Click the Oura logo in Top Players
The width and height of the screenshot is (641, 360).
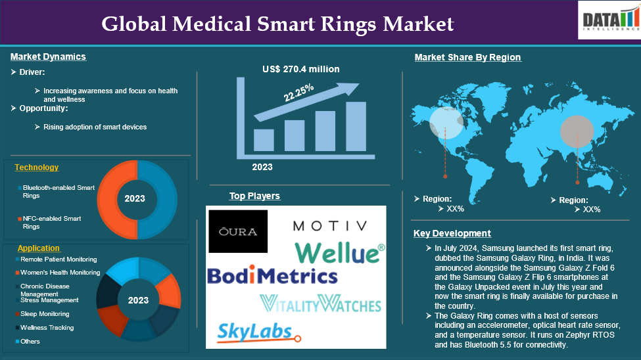pyautogui.click(x=238, y=231)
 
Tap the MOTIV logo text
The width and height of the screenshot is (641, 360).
pyautogui.click(x=330, y=225)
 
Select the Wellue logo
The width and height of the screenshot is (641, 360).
pyautogui.click(x=340, y=252)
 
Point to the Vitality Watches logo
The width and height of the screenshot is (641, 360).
pyautogui.click(x=321, y=304)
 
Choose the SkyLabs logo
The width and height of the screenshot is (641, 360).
pyautogui.click(x=259, y=332)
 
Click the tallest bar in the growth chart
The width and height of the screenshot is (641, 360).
pyautogui.click(x=356, y=126)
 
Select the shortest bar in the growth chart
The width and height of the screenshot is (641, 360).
pyautogui.click(x=264, y=140)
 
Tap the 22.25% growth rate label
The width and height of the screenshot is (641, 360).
pyautogui.click(x=299, y=93)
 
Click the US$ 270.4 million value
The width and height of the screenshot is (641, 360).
pyautogui.click(x=301, y=69)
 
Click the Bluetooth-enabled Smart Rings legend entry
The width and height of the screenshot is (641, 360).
pyautogui.click(x=57, y=191)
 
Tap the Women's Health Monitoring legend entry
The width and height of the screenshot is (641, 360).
pyautogui.click(x=58, y=272)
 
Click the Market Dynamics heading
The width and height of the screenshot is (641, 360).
pyautogui.click(x=48, y=56)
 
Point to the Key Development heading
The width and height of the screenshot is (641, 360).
pyautogui.click(x=452, y=233)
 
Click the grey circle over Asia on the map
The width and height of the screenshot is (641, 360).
pyautogui.click(x=577, y=131)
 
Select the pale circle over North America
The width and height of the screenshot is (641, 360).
pyautogui.click(x=446, y=123)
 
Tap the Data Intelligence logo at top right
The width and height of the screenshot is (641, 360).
pyautogui.click(x=609, y=20)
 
